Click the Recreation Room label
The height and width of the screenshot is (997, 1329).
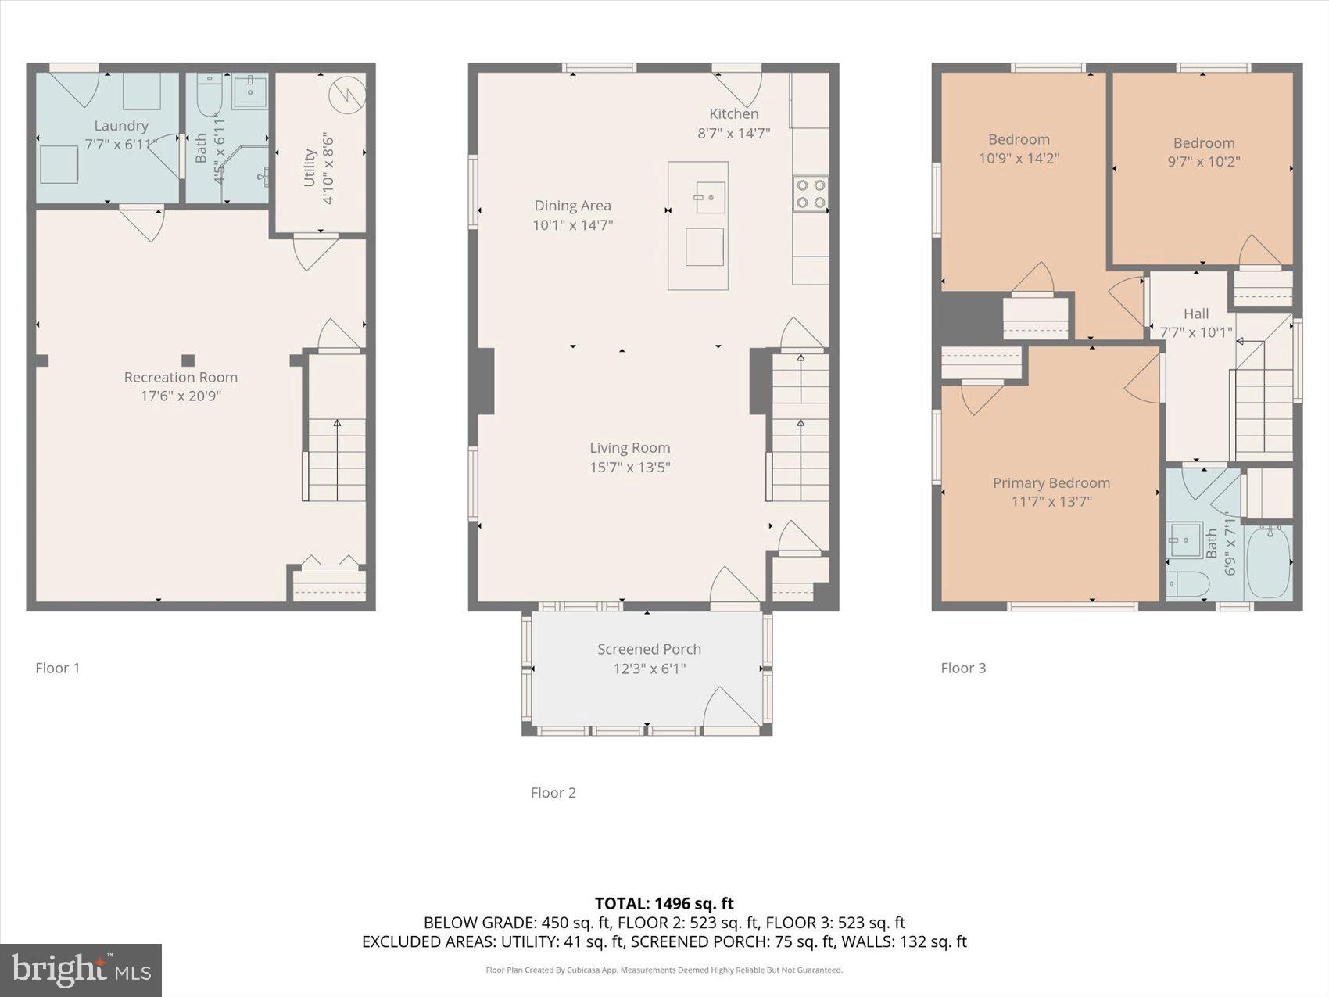point(181,377)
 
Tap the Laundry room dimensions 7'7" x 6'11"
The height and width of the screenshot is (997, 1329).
point(121,145)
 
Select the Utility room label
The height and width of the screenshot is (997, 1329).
point(310,168)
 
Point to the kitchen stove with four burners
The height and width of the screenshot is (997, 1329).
point(810,194)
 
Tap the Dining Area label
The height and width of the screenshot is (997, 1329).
point(572,206)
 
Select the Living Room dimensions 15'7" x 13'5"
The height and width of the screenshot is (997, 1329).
point(629,468)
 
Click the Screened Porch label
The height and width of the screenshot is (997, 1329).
point(649,649)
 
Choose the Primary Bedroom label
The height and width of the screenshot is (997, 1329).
point(1051,483)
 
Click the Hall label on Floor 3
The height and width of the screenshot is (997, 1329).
point(1195,314)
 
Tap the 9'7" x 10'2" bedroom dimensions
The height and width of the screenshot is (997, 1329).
point(1203,162)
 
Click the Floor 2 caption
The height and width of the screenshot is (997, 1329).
point(553,792)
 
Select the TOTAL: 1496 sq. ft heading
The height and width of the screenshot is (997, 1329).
point(664,904)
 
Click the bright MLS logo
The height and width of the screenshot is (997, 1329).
point(81,970)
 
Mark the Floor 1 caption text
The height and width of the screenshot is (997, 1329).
point(57,668)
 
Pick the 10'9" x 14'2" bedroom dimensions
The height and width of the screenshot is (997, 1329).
point(1019,158)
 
